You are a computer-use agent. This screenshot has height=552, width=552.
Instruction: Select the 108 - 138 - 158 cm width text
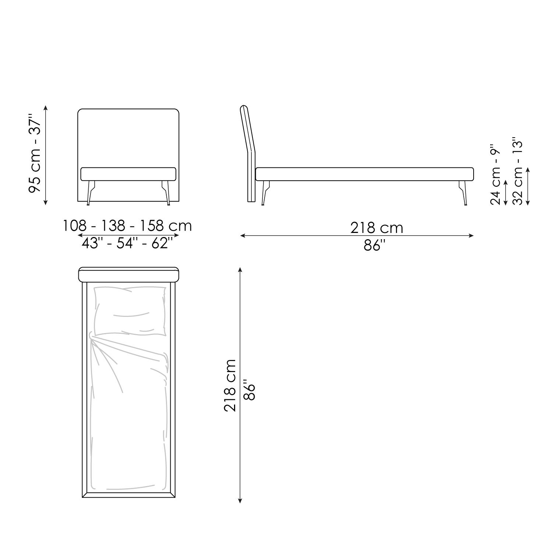click(127, 226)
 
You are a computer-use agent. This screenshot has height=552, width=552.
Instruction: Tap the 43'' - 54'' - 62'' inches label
click(127, 243)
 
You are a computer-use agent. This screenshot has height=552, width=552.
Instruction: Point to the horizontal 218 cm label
click(376, 228)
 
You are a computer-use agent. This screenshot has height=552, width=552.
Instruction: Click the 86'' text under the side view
click(374, 245)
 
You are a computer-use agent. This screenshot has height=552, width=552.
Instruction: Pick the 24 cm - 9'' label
click(496, 174)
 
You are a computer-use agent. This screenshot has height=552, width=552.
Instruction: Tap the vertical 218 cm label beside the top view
click(230, 385)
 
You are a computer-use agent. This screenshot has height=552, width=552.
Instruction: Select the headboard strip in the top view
click(129, 275)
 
